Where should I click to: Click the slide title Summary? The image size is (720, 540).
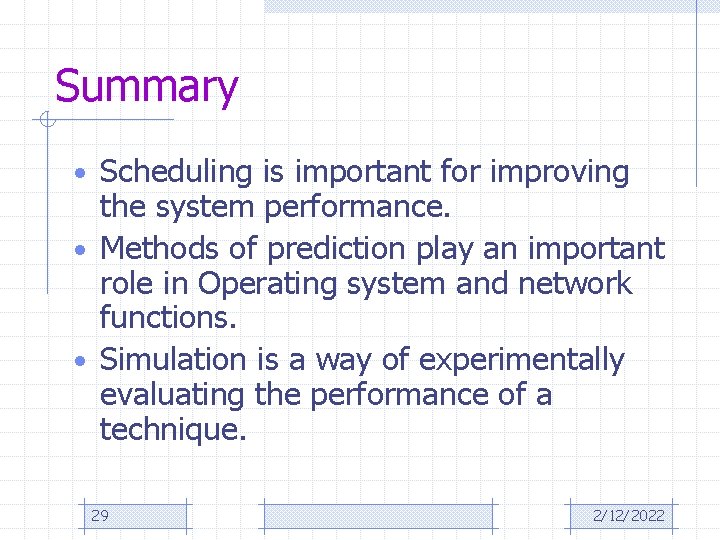[146, 87]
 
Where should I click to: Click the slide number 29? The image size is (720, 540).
[100, 516]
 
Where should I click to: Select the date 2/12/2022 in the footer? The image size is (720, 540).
[628, 516]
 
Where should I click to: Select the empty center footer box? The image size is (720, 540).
[378, 516]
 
